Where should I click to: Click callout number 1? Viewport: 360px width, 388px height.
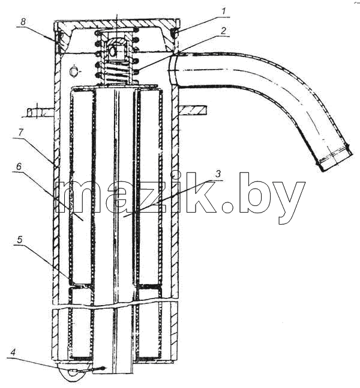pyautogui.click(x=223, y=11)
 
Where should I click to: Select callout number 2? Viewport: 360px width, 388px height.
pyautogui.click(x=223, y=31)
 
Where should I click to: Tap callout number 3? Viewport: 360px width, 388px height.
pyautogui.click(x=218, y=174)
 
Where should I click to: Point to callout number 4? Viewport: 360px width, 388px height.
pyautogui.click(x=14, y=352)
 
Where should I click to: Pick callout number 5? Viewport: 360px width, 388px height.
pyautogui.click(x=20, y=240)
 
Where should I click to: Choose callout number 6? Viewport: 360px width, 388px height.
pyautogui.click(x=19, y=166)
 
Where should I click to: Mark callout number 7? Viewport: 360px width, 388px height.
pyautogui.click(x=20, y=132)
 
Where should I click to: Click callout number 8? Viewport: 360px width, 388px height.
pyautogui.click(x=23, y=21)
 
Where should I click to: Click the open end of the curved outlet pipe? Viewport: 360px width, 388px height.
pyautogui.click(x=334, y=159)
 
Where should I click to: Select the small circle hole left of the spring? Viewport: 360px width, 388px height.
pyautogui.click(x=73, y=71)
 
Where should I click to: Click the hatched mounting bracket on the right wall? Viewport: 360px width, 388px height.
pyautogui.click(x=193, y=111)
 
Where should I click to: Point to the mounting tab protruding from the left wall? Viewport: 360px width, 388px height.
pyautogui.click(x=40, y=113)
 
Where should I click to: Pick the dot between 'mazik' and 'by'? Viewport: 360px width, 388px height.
pyautogui.click(x=227, y=207)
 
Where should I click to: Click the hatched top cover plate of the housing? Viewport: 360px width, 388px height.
pyautogui.click(x=116, y=25)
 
